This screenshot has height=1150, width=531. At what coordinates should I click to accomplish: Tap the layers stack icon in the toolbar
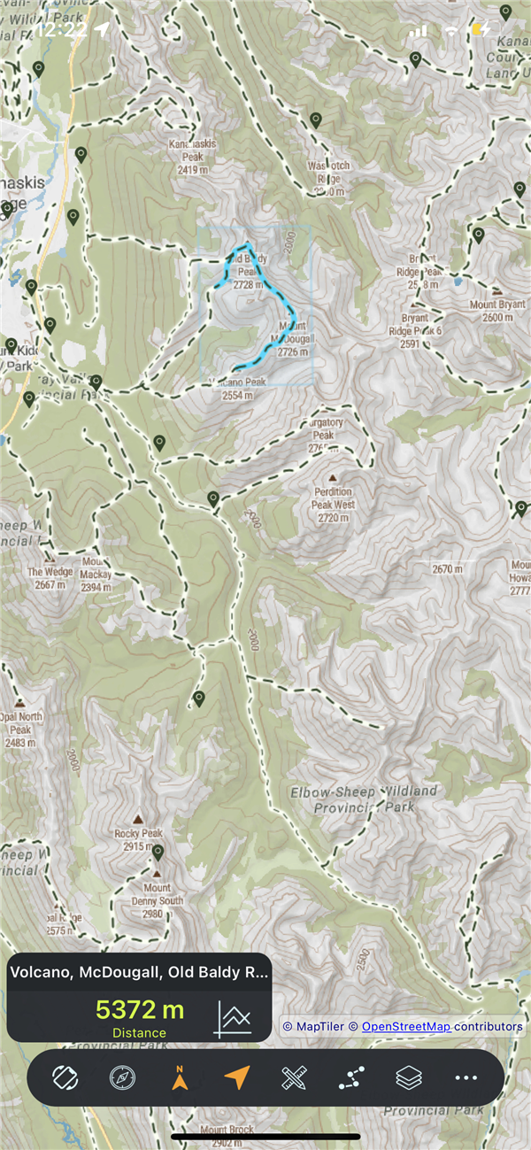(x=408, y=1077)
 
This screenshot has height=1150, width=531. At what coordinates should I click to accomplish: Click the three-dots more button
(x=466, y=1077)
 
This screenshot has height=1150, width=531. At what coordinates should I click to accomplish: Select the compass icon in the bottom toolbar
(x=123, y=1077)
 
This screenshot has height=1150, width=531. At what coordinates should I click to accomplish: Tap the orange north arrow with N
(x=180, y=1077)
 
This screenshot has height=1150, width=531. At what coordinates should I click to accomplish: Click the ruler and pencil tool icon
(x=294, y=1077)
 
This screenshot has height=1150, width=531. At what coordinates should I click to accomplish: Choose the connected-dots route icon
(x=351, y=1077)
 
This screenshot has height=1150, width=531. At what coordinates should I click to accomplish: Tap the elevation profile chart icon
(x=233, y=1019)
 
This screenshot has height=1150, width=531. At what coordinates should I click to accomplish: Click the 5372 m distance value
(x=140, y=1009)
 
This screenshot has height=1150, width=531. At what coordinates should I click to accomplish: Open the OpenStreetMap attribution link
(x=406, y=1026)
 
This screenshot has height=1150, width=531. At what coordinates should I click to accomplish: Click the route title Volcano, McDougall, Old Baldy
(x=139, y=972)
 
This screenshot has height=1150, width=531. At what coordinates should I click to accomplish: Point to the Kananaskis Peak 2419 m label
(x=191, y=157)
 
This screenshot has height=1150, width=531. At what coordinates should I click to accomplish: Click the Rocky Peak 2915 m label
(x=138, y=840)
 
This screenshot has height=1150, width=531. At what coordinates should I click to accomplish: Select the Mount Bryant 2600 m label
(x=496, y=311)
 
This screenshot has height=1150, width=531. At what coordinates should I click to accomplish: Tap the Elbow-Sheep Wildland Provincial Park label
(x=365, y=799)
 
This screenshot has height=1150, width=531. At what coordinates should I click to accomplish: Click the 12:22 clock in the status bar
(x=62, y=29)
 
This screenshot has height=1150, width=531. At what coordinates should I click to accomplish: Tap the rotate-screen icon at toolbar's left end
(x=65, y=1077)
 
